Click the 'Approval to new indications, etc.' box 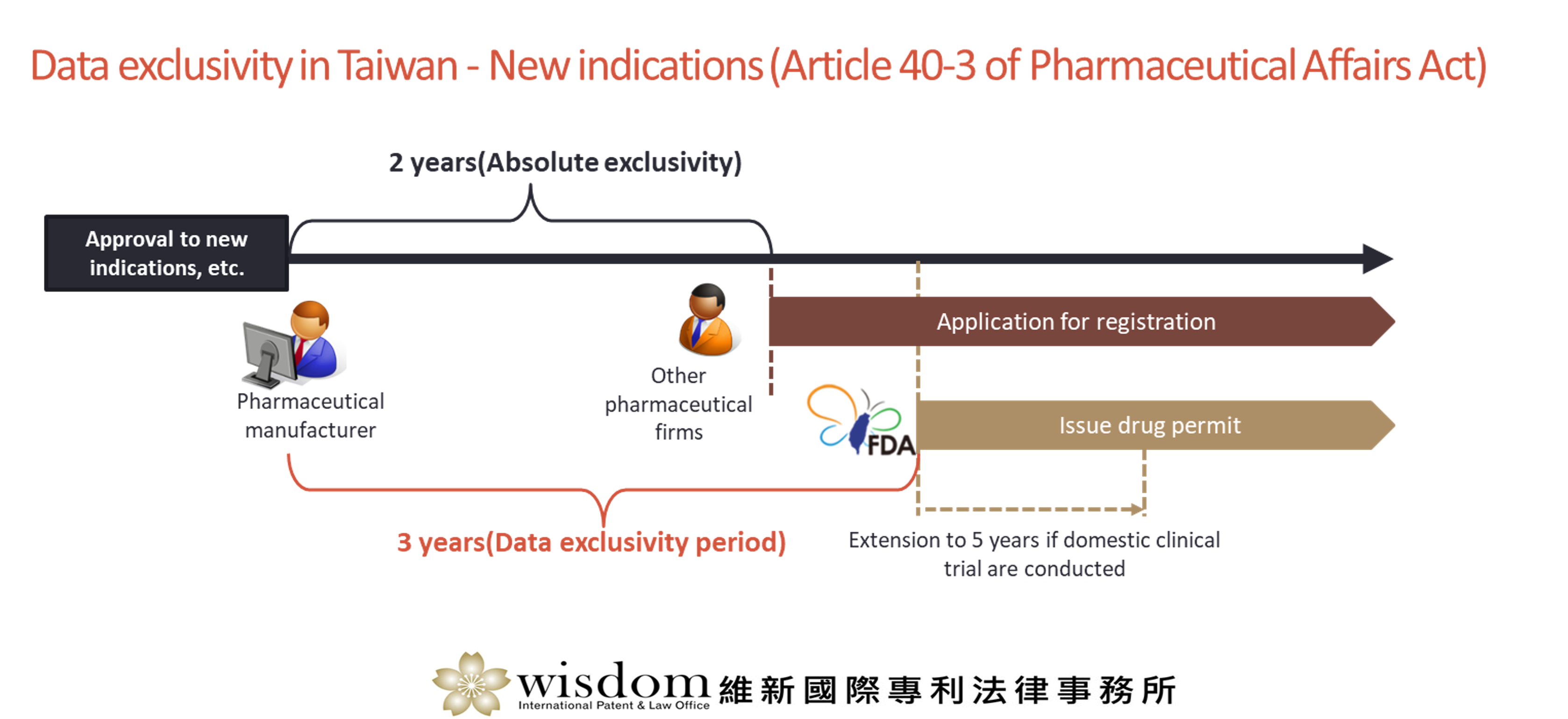tap(166, 253)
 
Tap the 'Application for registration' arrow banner tap(1082, 321)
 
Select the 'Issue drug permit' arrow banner tap(1156, 425)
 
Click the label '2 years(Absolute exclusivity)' tap(565, 162)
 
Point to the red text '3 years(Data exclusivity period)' tap(592, 542)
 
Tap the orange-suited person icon tap(708, 319)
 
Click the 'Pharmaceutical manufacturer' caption tap(310, 416)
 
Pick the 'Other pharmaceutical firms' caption tap(679, 404)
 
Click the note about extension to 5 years tap(1034, 554)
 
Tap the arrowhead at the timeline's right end tap(1378, 259)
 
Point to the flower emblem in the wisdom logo tap(471, 684)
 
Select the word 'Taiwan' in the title tap(397, 66)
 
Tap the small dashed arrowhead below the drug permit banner tap(1136, 509)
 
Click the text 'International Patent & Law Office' tap(613, 705)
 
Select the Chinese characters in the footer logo tap(947, 691)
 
